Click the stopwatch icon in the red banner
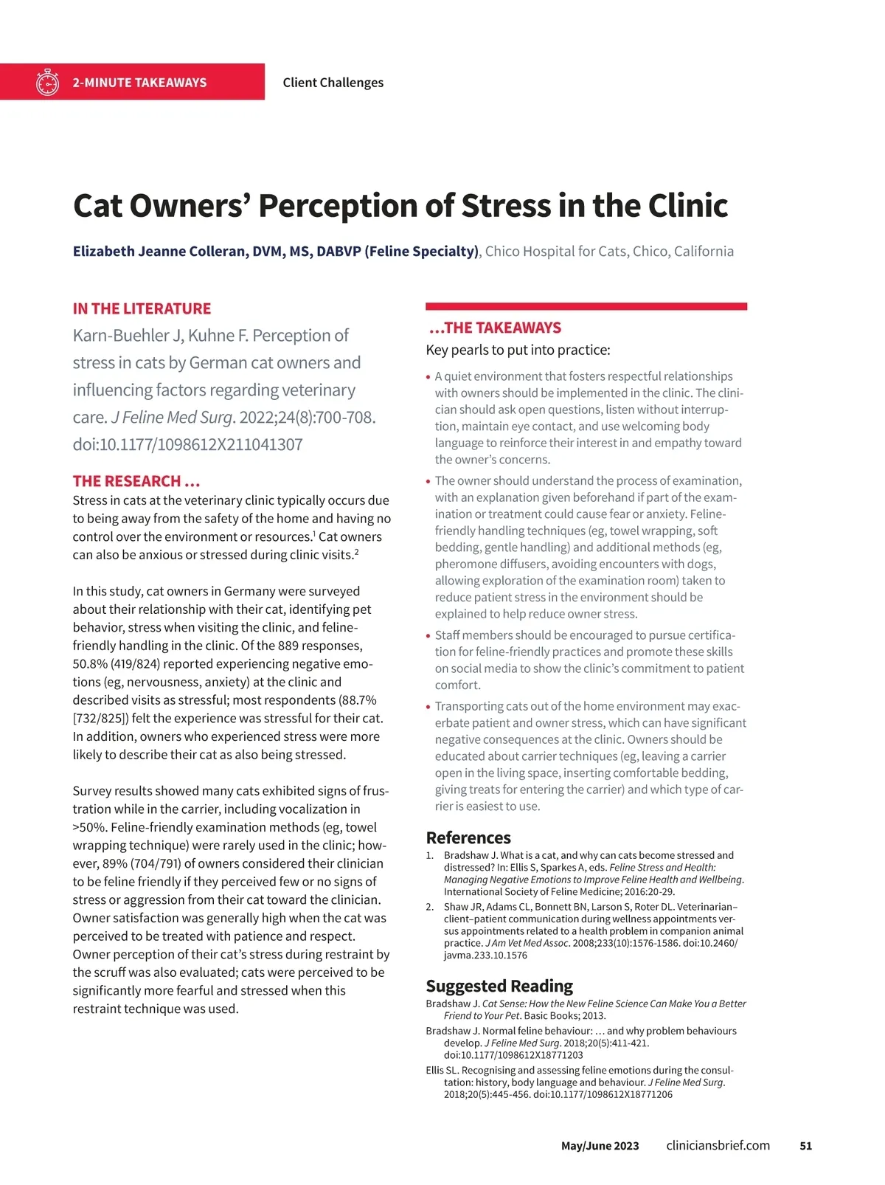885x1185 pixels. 47,83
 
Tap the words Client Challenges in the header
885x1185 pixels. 333,83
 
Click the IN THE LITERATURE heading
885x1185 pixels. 142,309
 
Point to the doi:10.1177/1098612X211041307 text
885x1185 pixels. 187,445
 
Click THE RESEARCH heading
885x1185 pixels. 136,482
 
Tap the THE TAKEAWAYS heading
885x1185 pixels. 495,328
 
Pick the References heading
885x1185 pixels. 468,838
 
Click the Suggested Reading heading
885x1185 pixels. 499,987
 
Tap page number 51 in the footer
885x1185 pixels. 805,1146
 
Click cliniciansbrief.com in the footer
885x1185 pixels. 718,1146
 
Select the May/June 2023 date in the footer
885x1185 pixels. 600,1146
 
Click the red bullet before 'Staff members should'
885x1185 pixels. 428,636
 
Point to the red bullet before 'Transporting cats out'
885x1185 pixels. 428,707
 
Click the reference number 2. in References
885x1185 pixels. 430,907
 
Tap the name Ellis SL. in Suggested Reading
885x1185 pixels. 441,1071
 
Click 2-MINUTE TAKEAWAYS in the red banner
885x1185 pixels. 139,83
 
